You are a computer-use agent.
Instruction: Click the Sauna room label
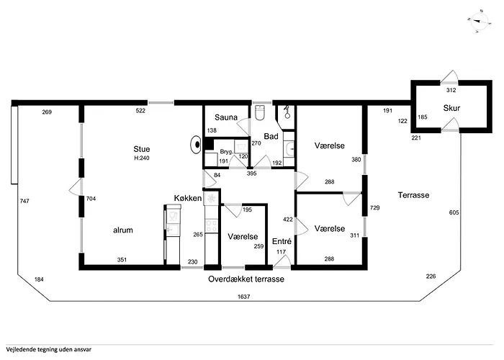226,117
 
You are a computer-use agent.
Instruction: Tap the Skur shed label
451,108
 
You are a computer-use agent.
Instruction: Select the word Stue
142,149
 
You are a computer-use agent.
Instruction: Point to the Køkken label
188,198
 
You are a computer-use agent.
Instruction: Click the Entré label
282,241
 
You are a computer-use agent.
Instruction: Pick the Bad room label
271,136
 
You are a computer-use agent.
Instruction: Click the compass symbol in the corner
478,22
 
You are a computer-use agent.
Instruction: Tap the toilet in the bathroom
259,112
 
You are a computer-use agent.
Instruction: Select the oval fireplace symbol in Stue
196,145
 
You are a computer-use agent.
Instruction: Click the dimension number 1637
243,297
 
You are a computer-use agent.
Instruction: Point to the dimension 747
24,201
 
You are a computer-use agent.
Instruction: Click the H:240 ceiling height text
142,158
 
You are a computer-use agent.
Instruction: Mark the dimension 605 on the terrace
454,212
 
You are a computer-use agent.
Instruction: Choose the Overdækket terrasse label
246,279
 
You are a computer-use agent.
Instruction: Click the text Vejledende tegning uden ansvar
48,349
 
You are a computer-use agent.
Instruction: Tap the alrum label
123,230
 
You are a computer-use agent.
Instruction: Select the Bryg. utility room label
226,152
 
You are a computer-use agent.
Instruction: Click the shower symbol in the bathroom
287,112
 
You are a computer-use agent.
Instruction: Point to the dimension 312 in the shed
451,90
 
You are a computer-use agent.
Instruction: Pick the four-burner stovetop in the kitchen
212,225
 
